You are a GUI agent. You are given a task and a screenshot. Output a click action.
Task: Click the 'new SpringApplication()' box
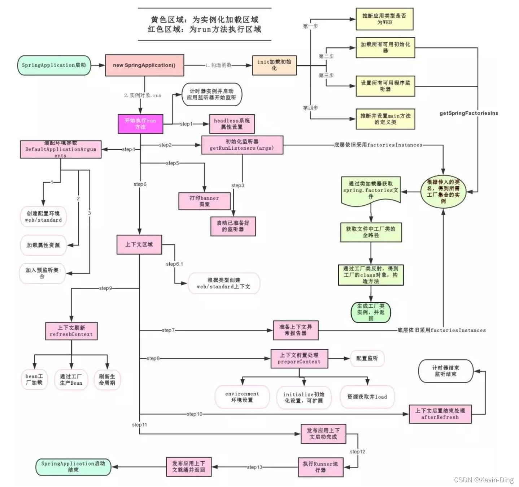(144, 65)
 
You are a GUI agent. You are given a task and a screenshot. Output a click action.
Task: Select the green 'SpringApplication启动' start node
(54, 65)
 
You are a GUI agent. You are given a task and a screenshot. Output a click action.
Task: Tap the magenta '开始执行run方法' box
(140, 124)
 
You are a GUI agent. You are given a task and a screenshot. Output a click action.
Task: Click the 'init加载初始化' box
(274, 65)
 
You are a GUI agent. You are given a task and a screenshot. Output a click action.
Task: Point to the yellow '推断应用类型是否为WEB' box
(384, 19)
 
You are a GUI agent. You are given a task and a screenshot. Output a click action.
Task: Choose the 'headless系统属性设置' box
(232, 124)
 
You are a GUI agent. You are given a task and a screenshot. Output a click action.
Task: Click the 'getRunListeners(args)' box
(242, 145)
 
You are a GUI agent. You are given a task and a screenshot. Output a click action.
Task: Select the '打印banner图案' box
(204, 201)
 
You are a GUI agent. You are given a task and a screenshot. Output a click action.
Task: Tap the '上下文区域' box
(139, 244)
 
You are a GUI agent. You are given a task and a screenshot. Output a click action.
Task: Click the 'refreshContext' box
(71, 331)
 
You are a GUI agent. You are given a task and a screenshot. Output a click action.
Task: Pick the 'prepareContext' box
(299, 358)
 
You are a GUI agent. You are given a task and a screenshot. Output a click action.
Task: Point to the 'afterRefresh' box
(440, 414)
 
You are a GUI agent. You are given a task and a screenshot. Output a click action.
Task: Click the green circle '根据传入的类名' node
(443, 192)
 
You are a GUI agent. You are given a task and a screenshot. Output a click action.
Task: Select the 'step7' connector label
(168, 330)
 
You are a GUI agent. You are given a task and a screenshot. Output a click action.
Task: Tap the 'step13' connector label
(254, 467)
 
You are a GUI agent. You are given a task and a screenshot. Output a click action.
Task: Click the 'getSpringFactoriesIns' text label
(468, 113)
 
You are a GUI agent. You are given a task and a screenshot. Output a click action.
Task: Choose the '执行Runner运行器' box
(320, 467)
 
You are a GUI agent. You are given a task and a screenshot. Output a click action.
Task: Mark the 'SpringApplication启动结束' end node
(73, 467)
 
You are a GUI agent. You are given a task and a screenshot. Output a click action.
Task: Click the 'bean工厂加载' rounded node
(34, 379)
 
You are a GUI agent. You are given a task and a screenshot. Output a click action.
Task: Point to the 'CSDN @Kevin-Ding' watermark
(483, 480)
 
